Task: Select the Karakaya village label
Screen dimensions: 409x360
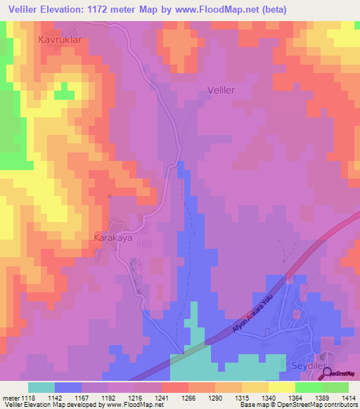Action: [x=113, y=238]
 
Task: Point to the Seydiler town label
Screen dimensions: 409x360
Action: [x=307, y=365]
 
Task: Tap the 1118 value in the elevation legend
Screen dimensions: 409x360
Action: [x=28, y=397]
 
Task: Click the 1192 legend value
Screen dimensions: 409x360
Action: [x=109, y=397]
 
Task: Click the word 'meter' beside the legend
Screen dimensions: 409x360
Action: [x=10, y=397]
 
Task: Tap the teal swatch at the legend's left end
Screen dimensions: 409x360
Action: [x=41, y=387]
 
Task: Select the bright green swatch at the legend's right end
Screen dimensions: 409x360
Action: [x=335, y=387]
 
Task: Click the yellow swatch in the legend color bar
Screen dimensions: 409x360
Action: [x=282, y=387]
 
